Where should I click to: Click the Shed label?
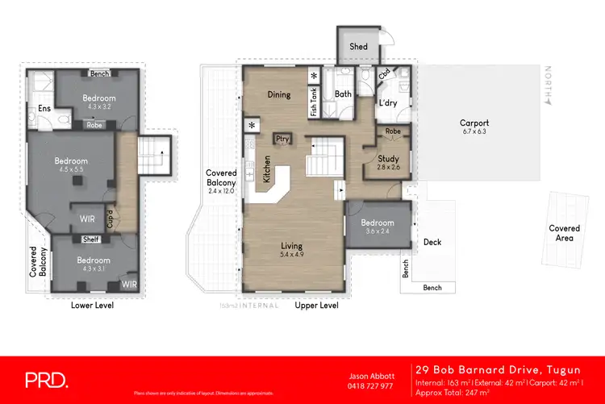[x=358, y=46]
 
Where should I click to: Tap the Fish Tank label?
[x=314, y=102]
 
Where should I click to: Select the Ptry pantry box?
[x=282, y=139]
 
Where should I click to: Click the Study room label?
[x=388, y=159]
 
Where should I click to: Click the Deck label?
[x=432, y=242]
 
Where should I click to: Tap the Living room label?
[x=291, y=246]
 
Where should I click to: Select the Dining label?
[x=279, y=94]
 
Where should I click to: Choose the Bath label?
[x=342, y=94]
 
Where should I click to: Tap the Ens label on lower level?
[x=44, y=109]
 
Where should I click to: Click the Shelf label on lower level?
[x=91, y=239]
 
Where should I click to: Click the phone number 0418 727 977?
[x=371, y=386]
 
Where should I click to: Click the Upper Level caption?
[x=316, y=306]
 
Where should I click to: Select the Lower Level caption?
[x=92, y=306]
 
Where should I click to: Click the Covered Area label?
[x=564, y=233]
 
